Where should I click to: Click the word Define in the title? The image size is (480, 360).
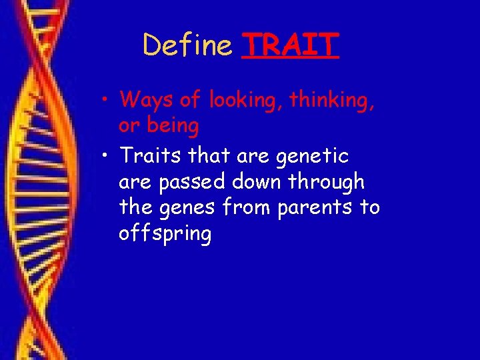point(187,46)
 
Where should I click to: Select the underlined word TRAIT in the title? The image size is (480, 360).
point(291,46)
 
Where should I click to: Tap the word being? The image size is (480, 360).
point(173,125)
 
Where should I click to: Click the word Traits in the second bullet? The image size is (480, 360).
point(150,156)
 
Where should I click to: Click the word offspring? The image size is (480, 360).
point(165,235)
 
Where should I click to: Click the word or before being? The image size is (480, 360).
point(129,126)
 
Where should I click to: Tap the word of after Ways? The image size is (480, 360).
point(191,101)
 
